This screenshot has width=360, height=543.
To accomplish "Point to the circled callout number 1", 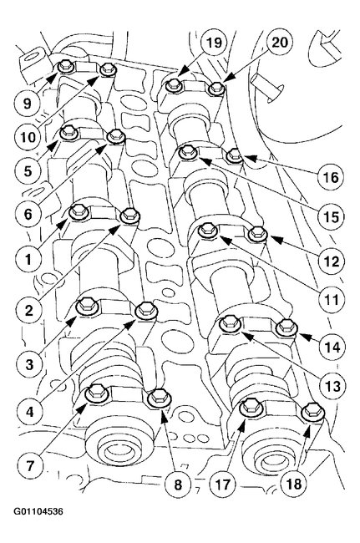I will tap(28, 259).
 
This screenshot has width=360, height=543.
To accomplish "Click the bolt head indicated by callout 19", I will tap(173, 84).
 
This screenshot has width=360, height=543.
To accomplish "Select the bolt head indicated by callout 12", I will tap(256, 236).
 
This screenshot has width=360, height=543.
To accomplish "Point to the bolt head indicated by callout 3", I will tap(85, 307).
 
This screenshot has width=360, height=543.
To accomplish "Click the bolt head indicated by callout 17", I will tap(249, 409).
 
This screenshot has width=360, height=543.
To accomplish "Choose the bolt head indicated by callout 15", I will tap(190, 151).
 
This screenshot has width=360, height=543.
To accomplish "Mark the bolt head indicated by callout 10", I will tap(107, 71).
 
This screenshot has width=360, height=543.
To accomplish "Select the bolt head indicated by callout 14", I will tap(286, 325).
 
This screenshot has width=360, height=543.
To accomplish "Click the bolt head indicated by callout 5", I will tap(70, 131).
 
